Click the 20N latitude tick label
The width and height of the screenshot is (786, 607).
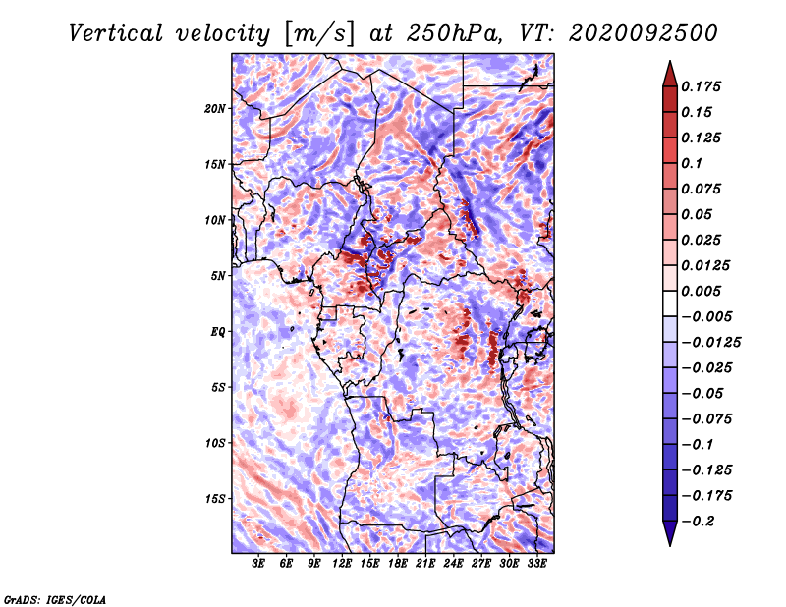tap(215, 109)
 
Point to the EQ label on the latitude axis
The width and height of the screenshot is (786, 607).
tap(218, 332)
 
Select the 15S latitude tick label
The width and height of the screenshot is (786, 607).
tap(215, 499)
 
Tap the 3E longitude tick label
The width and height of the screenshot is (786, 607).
tap(258, 564)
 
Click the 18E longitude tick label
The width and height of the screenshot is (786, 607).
tap(398, 564)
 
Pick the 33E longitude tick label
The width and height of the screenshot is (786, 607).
tap(536, 564)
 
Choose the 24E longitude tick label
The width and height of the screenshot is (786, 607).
tap(453, 564)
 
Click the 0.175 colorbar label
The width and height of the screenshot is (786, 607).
tap(701, 86)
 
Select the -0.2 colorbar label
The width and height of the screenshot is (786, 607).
tap(698, 522)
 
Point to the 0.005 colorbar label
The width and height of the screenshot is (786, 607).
tap(701, 291)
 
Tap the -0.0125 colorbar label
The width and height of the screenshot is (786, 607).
tap(710, 343)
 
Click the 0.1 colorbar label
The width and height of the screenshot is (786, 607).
tap(692, 163)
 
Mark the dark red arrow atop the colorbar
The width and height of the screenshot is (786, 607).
tap(670, 74)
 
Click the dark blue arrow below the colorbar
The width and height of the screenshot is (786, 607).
tap(670, 532)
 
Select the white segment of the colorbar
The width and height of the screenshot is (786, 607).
tap(670, 303)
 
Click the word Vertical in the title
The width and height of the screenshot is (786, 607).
tap(116, 33)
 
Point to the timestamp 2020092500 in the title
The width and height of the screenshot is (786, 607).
tap(644, 33)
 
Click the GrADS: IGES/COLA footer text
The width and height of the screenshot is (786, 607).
tap(55, 599)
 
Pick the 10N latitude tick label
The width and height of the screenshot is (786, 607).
tap(215, 221)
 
